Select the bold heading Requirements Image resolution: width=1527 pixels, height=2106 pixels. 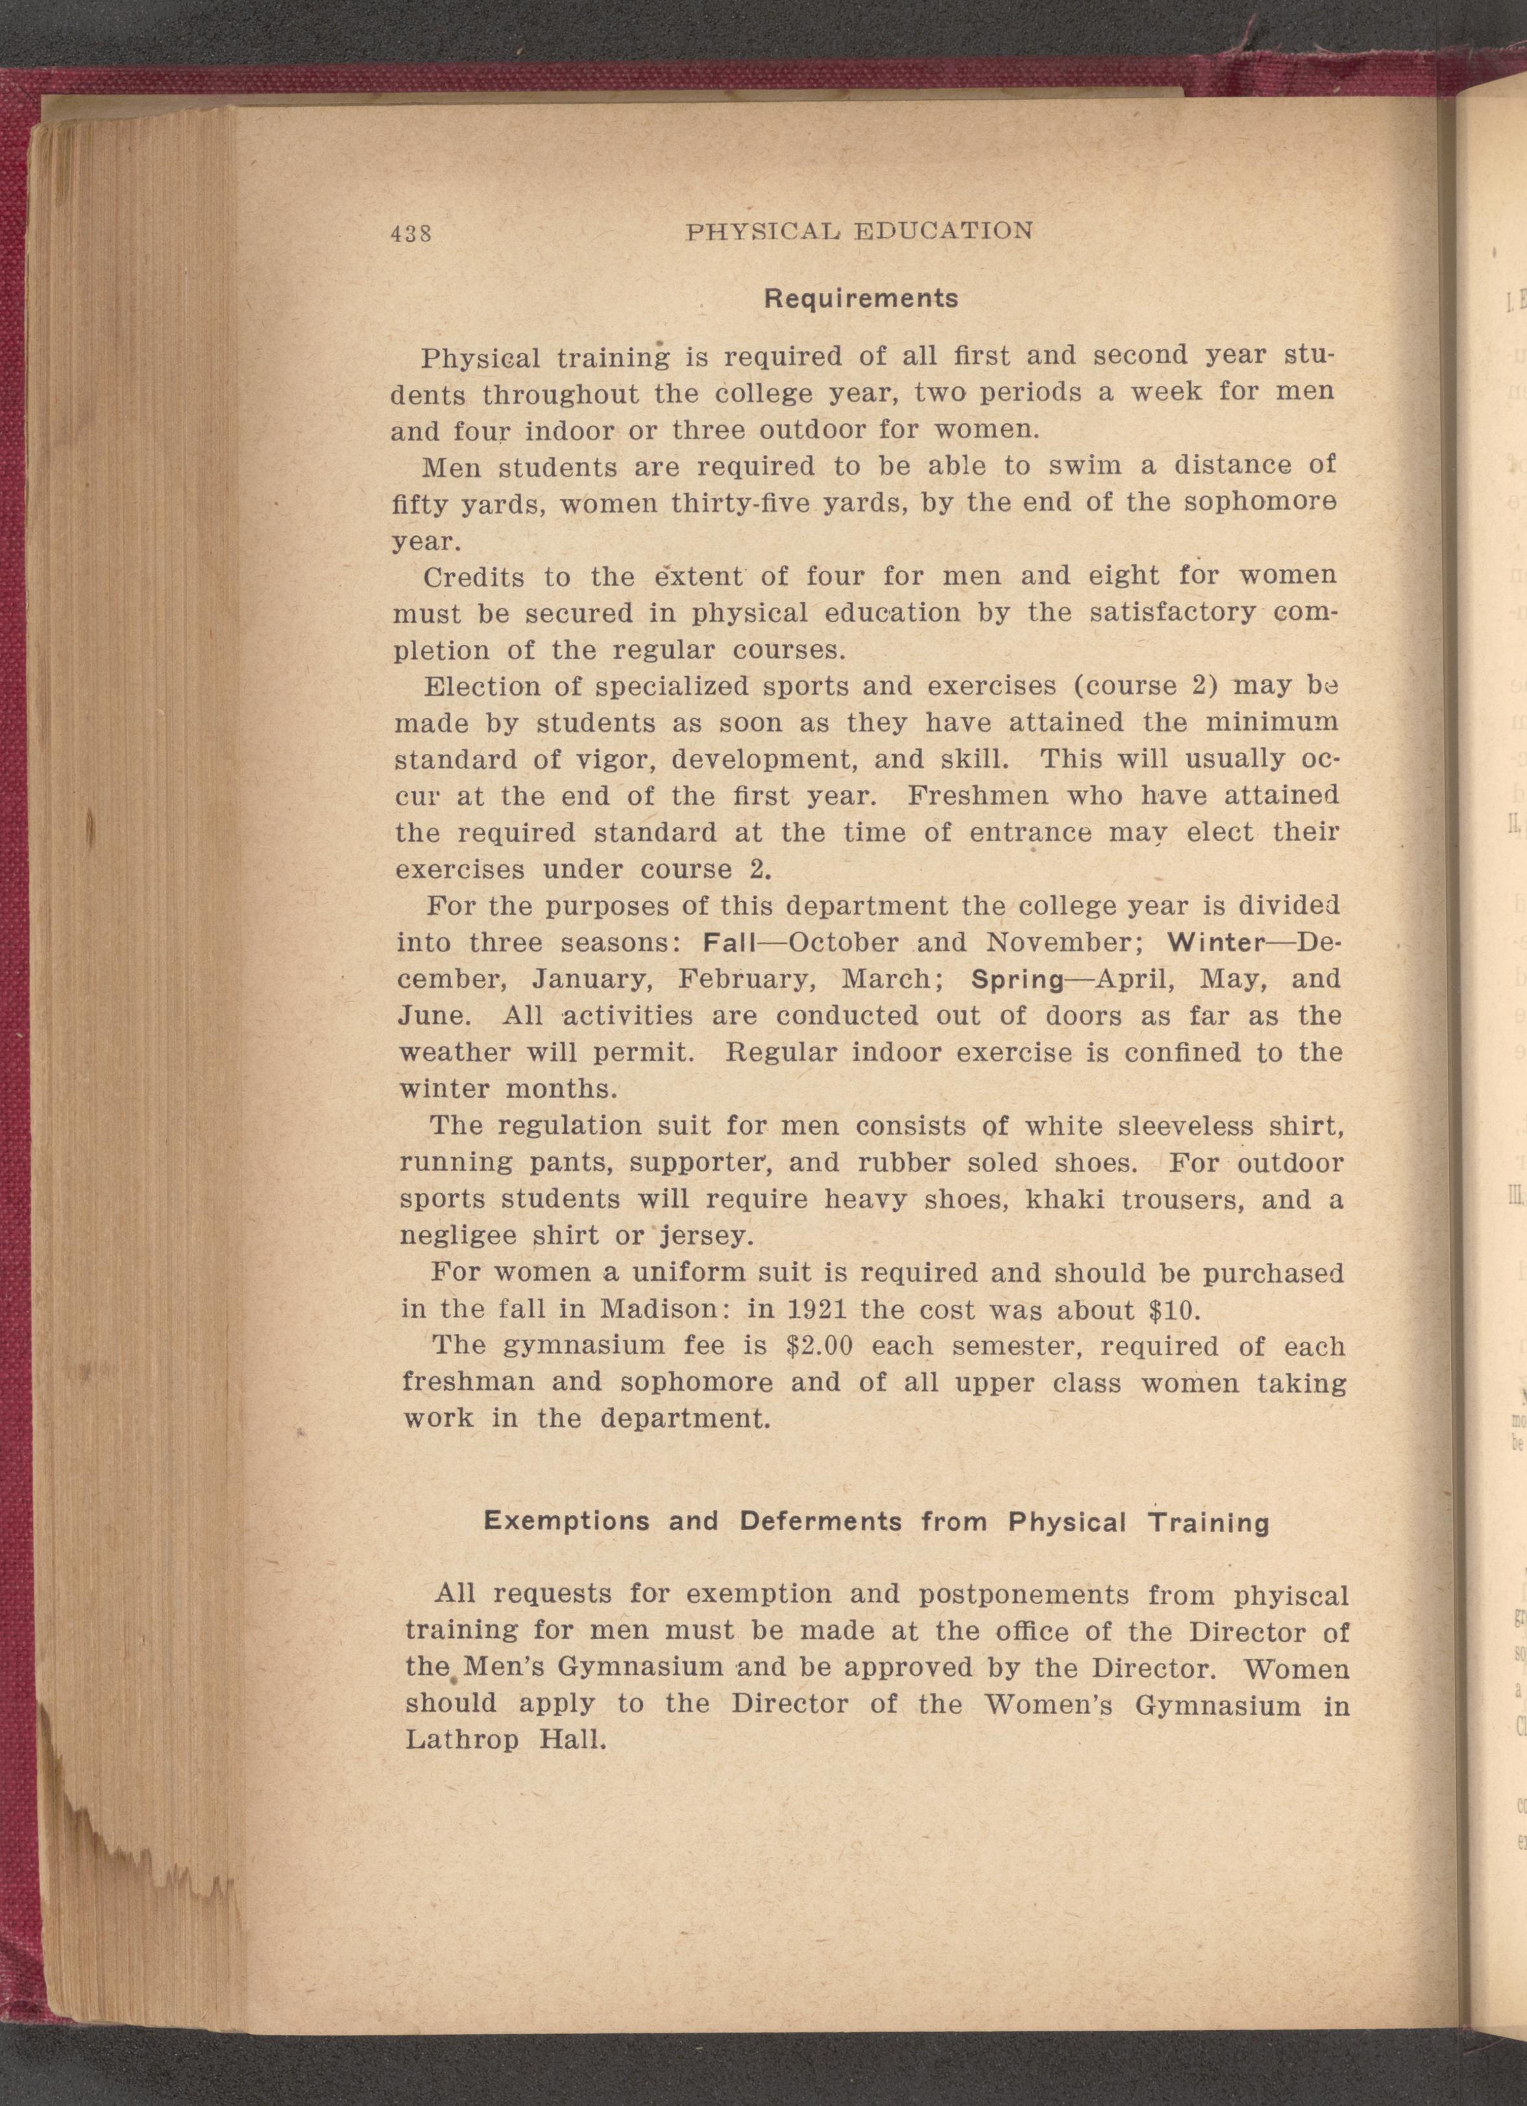pos(859,299)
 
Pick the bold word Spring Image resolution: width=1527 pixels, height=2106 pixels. pos(1017,979)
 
